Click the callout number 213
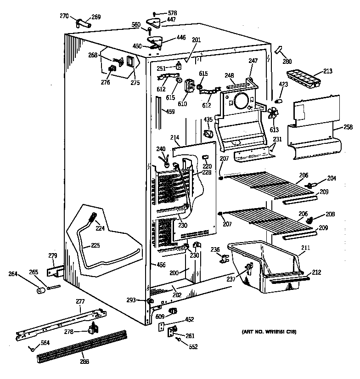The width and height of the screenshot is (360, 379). (x=327, y=71)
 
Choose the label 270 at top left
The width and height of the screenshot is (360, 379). (x=64, y=16)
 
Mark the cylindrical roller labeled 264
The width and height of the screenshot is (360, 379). (x=40, y=291)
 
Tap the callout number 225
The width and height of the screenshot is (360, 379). (x=95, y=245)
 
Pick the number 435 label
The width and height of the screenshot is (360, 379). (x=208, y=119)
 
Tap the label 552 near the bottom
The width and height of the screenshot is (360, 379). (x=193, y=347)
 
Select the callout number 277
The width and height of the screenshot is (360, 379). (x=80, y=301)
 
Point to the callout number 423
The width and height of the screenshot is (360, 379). (x=283, y=84)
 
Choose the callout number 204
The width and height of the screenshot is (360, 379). (x=331, y=178)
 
